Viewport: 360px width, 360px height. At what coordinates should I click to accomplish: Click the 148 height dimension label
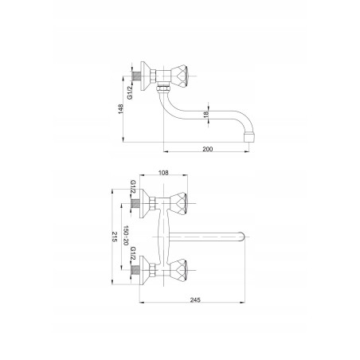tap(121, 109)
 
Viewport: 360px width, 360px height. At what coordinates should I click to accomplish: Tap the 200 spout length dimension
tap(208, 149)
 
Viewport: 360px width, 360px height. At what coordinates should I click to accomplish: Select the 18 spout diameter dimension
tap(206, 114)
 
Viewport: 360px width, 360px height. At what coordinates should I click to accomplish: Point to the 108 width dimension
tap(163, 173)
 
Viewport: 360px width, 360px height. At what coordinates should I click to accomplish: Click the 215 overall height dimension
tap(115, 237)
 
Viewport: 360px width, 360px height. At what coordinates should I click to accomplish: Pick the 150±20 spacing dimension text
tap(126, 236)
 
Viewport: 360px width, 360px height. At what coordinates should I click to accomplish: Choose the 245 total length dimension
tap(195, 300)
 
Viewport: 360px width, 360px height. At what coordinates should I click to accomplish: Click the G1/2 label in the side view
tap(130, 92)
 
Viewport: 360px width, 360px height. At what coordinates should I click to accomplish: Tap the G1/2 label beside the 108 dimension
tap(133, 187)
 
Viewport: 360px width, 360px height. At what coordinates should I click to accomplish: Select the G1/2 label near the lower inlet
tap(133, 253)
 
